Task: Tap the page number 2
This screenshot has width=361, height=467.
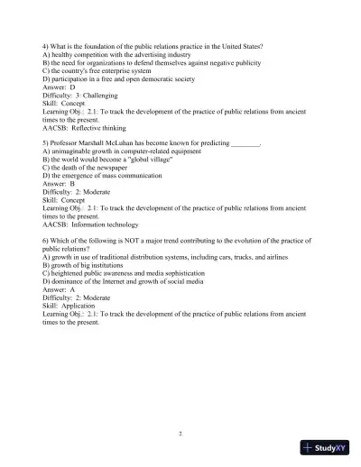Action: pyautogui.click(x=180, y=434)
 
